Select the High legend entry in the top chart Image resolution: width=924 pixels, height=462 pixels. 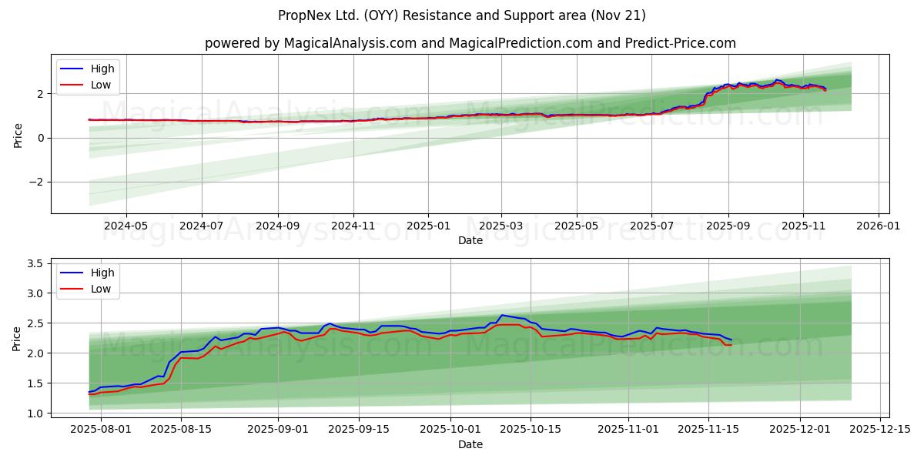coord(102,69)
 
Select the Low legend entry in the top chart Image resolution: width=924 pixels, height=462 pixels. coord(100,85)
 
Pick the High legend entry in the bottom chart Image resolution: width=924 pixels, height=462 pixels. coord(102,273)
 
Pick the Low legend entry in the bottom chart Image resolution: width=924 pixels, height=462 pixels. coord(100,289)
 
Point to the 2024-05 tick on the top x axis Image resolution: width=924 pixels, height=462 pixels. coord(126,226)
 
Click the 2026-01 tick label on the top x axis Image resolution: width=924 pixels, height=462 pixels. coord(879,226)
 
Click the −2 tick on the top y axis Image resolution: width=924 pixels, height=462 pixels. coord(39,182)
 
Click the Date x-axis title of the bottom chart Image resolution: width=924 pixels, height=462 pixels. coord(470,444)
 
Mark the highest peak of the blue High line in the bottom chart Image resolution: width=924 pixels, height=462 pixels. coord(502,315)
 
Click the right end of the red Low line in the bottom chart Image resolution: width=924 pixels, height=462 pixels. coord(731,344)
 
